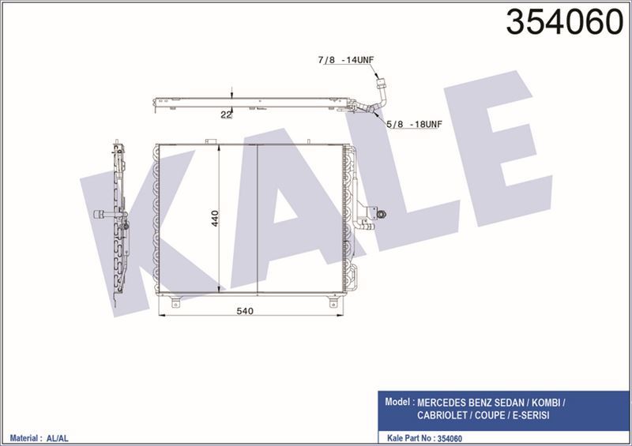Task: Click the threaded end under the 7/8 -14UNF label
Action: pos(382,80)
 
